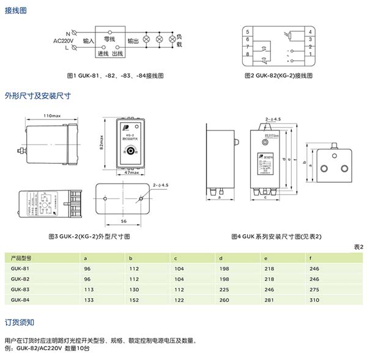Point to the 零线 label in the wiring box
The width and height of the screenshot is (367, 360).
tap(111, 37)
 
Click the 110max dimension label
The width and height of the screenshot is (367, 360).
tap(53, 116)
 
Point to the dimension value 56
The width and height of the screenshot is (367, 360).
tap(124, 219)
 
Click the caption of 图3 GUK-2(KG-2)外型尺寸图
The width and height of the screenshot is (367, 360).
tap(89, 236)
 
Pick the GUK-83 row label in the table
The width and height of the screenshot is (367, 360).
tap(20, 288)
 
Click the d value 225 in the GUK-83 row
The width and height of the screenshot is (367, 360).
tap(224, 288)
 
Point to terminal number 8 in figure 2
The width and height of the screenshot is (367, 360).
tap(247, 54)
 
